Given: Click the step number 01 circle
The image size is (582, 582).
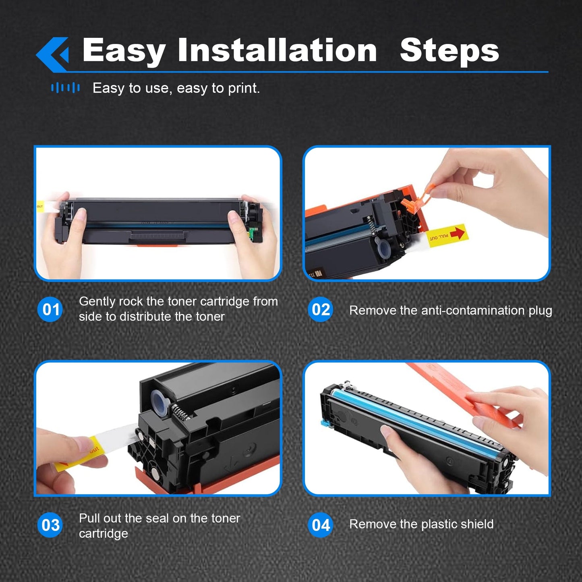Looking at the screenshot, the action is click(50, 309).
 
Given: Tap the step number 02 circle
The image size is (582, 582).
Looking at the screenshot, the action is click(321, 309).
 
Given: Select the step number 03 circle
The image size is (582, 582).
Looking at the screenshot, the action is click(50, 525).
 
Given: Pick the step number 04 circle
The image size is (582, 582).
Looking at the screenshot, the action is click(321, 525).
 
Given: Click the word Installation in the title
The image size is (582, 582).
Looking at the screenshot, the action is click(277, 50).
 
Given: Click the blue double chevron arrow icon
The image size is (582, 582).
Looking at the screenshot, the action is click(52, 54).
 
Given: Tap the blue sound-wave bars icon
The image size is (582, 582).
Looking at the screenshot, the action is click(65, 88).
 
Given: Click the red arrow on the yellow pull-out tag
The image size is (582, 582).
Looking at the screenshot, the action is click(457, 233).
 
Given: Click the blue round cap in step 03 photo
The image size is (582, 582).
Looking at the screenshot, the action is click(160, 402).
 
